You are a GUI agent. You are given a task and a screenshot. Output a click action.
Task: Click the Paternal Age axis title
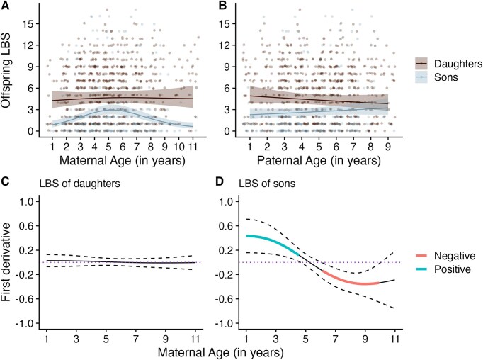pos(318,162)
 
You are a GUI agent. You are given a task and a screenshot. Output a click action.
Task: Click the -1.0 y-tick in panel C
pos(29,322)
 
